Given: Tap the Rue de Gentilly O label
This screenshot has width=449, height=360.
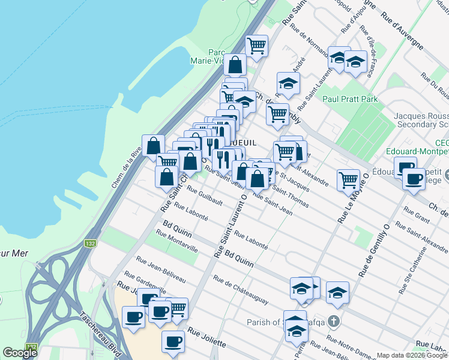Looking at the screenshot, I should click(375, 248).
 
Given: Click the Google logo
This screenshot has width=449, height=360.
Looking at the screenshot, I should click(20, 353).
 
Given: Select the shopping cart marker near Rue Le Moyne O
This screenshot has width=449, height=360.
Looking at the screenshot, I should click(348, 179).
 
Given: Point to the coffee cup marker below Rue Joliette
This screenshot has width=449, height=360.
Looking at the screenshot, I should click(173, 341).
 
